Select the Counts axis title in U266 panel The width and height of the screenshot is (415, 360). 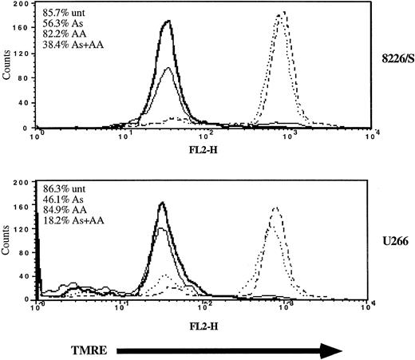click(x=7, y=248)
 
